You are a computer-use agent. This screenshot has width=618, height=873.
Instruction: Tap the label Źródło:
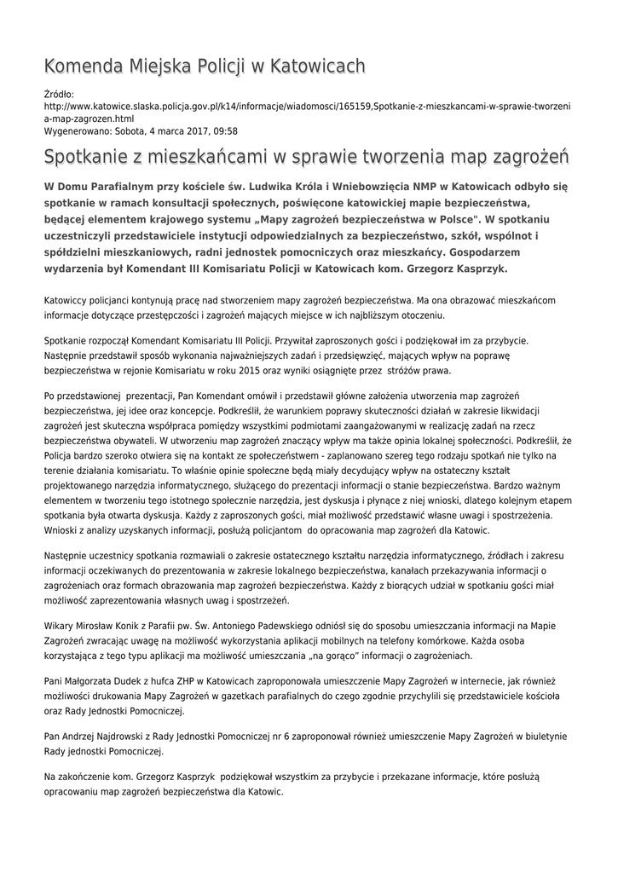pyautogui.click(x=59, y=94)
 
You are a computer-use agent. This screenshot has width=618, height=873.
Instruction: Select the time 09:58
pyautogui.click(x=225, y=131)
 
